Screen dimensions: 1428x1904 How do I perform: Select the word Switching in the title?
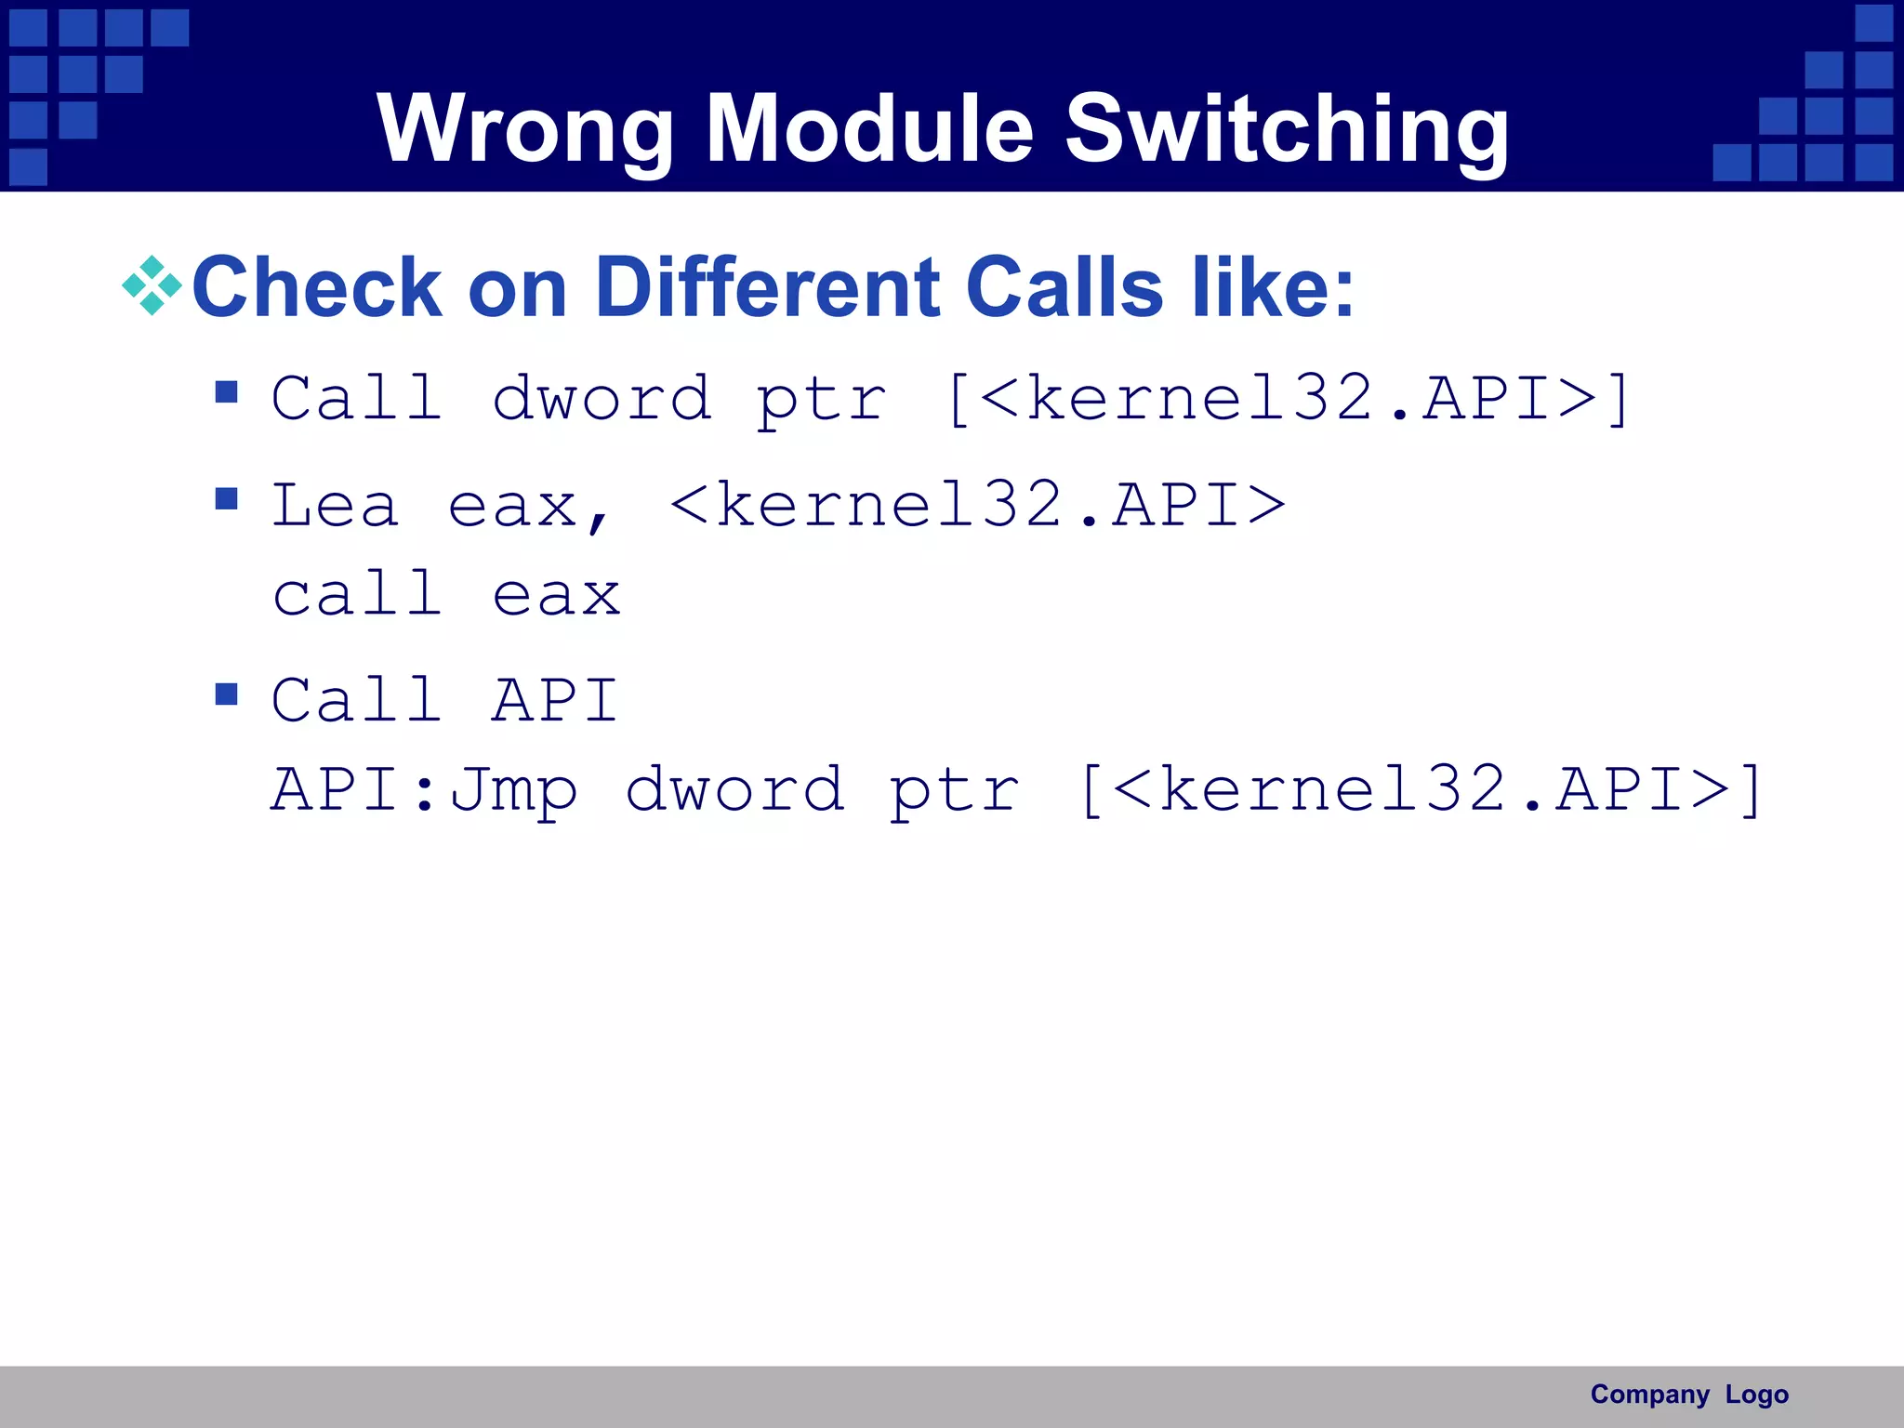pos(1287,130)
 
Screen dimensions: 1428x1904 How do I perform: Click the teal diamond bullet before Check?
pos(152,286)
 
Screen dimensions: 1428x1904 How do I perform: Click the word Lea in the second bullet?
pos(335,506)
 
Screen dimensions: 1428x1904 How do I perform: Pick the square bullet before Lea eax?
pos(226,500)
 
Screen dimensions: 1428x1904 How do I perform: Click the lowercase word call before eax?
pos(357,595)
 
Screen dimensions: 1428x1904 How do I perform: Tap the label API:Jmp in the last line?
pos(424,790)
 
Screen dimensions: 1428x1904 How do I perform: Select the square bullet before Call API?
pos(226,694)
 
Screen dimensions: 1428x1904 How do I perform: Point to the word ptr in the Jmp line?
pos(954,790)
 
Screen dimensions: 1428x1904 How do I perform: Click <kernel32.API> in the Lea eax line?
pos(977,506)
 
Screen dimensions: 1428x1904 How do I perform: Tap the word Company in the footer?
pos(1649,1395)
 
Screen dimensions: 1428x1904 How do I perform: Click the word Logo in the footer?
pos(1756,1395)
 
